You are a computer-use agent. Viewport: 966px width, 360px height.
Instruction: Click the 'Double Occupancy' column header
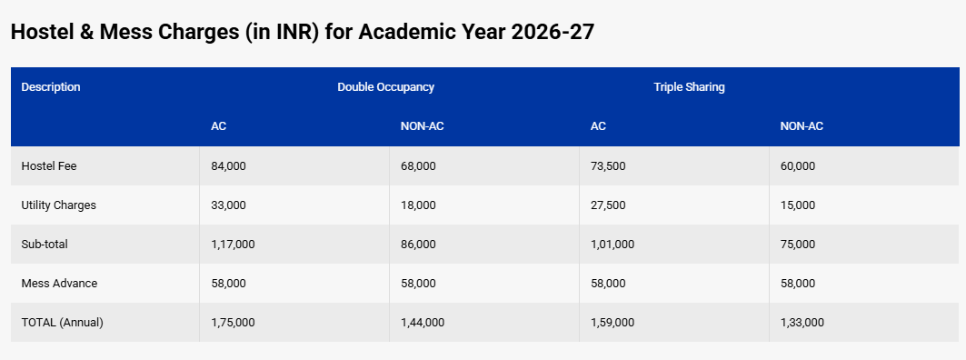(385, 87)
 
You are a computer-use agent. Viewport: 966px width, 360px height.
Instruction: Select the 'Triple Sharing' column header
(689, 87)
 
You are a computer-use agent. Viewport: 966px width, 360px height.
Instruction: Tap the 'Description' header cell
(51, 87)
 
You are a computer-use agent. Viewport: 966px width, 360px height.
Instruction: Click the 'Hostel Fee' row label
(46, 166)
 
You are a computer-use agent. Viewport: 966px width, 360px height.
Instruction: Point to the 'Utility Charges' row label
(58, 205)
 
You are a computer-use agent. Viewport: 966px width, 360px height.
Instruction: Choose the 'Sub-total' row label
(45, 245)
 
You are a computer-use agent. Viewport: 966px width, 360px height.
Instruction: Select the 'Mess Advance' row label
(59, 284)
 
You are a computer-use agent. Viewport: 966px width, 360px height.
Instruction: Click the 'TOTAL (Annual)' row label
(62, 323)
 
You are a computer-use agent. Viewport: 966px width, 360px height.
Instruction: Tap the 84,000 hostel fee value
(228, 166)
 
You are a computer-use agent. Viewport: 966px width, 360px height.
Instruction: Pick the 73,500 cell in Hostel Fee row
(608, 166)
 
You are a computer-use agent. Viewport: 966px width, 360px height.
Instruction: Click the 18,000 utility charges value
(418, 205)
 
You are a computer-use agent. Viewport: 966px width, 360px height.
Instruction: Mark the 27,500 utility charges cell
(608, 205)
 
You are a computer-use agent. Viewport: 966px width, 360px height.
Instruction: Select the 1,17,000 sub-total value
(233, 245)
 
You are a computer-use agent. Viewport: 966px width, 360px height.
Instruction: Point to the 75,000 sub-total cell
(798, 245)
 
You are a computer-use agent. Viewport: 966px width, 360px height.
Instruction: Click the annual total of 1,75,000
(233, 323)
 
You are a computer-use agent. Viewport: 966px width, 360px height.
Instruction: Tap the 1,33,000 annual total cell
(802, 323)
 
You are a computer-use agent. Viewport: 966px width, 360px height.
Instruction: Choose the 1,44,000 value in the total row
(423, 323)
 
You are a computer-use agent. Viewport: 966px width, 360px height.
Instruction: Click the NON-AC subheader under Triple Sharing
(802, 126)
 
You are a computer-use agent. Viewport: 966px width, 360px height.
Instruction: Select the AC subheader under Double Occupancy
(218, 126)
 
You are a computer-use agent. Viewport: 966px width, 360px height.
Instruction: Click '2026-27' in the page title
(553, 32)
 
